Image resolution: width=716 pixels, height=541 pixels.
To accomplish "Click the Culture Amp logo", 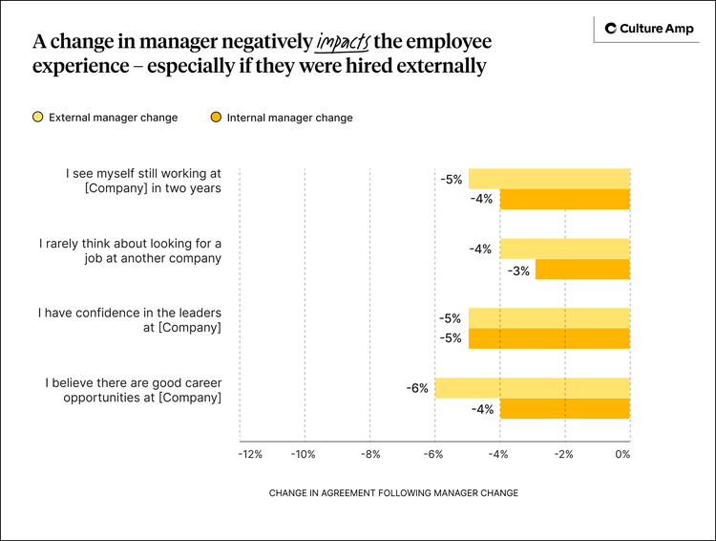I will [x=646, y=30].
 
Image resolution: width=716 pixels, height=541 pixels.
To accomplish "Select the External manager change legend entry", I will [x=105, y=118].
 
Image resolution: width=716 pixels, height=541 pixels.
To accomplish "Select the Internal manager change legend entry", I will [x=282, y=118].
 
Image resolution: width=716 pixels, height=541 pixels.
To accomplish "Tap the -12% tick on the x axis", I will [x=250, y=454].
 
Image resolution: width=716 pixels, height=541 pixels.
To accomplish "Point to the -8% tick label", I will [x=369, y=454].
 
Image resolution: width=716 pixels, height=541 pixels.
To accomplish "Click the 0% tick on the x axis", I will [x=623, y=454].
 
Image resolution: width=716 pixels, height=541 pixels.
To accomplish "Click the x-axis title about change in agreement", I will [x=393, y=493].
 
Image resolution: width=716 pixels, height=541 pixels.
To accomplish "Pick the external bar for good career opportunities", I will [x=532, y=388].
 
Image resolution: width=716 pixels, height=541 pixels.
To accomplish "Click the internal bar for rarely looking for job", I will [x=582, y=270].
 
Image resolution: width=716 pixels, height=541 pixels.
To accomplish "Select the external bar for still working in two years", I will [x=549, y=179].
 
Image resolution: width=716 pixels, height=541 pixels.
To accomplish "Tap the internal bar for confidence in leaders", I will [x=549, y=338].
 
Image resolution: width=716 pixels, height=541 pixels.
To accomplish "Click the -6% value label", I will [x=416, y=388].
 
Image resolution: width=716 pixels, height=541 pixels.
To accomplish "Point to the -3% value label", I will [x=518, y=270].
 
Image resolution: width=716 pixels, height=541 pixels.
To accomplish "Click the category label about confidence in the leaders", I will [x=130, y=320].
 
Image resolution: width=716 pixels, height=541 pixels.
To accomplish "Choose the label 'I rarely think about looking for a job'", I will [x=130, y=250].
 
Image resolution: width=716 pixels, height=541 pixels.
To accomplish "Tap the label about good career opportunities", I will [x=133, y=390].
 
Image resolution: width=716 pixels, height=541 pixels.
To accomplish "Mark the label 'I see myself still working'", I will [x=143, y=181].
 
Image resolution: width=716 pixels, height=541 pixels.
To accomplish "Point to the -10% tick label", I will [x=304, y=454].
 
